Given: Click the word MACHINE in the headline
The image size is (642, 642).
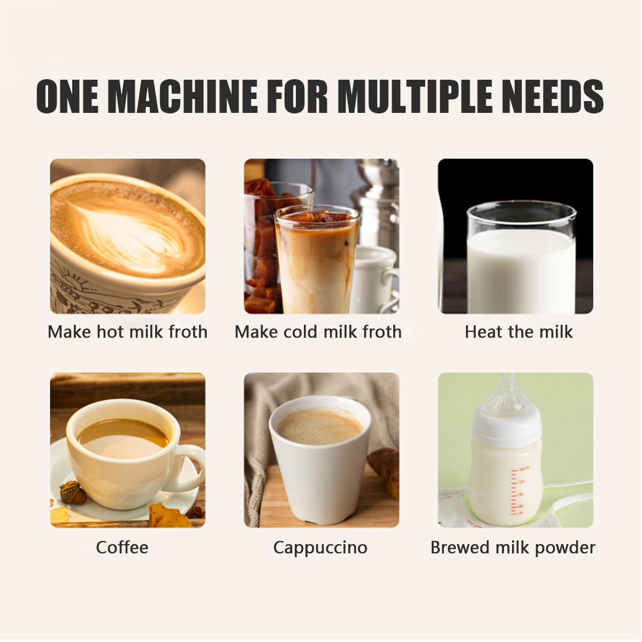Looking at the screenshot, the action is [183, 97].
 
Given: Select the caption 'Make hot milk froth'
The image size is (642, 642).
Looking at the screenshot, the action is [128, 332].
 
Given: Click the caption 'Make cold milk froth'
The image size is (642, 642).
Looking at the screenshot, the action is [318, 332].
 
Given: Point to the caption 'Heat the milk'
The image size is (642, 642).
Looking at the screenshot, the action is [519, 332].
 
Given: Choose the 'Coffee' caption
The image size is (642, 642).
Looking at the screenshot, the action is [123, 547].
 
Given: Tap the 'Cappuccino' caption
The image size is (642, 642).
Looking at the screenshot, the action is [320, 548].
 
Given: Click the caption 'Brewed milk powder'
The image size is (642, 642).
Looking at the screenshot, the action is [513, 548].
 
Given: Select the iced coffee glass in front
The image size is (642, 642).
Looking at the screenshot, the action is [317, 260].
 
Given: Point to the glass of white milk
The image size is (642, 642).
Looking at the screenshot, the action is [522, 258].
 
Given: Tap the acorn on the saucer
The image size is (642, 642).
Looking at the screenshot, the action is [73, 492].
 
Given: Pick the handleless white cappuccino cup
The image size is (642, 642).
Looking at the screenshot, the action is [320, 460].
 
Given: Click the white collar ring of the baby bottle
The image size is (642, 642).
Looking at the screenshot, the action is [507, 426].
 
